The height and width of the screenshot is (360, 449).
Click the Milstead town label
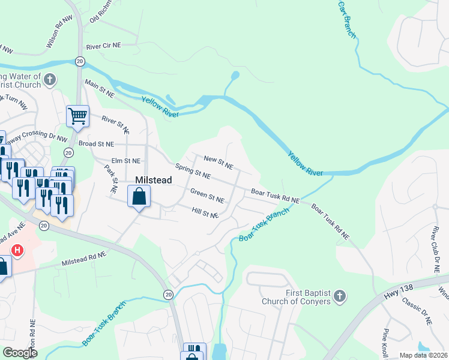pyautogui.click(x=154, y=180)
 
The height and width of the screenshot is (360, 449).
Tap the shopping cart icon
pyautogui.click(x=77, y=116)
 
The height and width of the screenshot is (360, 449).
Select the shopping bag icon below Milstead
pyautogui.click(x=139, y=196)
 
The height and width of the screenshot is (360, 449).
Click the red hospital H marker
pyautogui.click(x=17, y=250)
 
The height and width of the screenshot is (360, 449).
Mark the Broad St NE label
pyautogui.click(x=96, y=144)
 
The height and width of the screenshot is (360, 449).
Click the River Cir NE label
pyautogui.click(x=104, y=46)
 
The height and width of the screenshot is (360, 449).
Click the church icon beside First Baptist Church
pyautogui.click(x=340, y=296)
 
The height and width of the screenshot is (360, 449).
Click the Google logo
pyautogui.click(x=20, y=352)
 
